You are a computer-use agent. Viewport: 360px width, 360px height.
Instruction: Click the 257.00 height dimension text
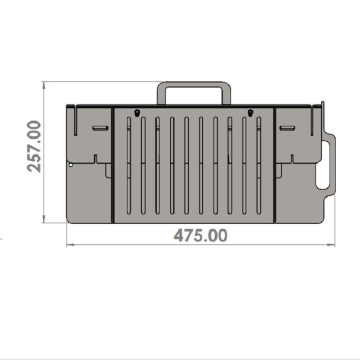(x=34, y=146)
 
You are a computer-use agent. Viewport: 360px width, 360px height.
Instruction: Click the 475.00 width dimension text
(x=200, y=235)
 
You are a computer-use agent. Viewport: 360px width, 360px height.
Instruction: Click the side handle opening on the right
(x=323, y=164)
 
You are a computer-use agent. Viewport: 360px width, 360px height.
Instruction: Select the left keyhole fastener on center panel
(x=137, y=113)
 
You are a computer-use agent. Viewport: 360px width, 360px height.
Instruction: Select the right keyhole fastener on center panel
(x=250, y=113)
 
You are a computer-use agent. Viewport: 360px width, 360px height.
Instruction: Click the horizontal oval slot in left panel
(x=100, y=128)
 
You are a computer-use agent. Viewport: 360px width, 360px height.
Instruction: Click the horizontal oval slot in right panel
(x=287, y=128)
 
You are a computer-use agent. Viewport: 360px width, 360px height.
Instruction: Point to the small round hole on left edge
(x=71, y=165)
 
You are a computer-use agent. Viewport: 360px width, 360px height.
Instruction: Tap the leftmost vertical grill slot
(x=129, y=166)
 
